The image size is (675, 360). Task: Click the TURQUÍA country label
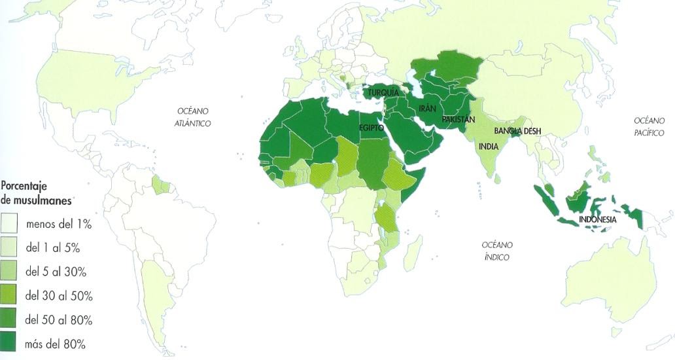383,93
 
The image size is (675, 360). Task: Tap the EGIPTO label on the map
371,128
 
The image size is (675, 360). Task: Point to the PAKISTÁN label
458,120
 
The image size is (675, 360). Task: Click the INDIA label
488,146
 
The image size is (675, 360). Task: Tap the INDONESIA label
597,219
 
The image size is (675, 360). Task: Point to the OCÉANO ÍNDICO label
496,251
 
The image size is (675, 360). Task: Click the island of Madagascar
412,253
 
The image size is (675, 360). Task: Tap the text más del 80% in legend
55,344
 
